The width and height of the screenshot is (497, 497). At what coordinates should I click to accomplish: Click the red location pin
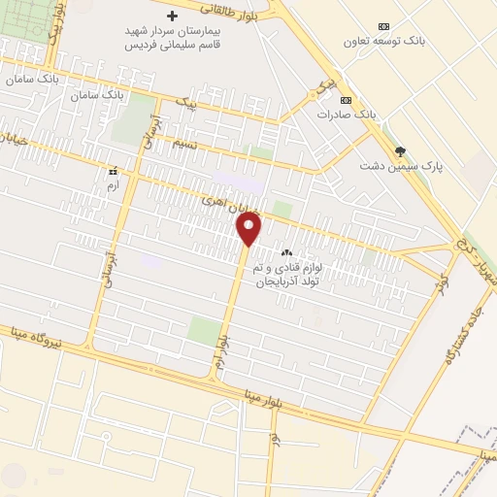click(249, 228)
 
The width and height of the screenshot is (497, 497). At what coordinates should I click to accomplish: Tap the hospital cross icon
click(174, 16)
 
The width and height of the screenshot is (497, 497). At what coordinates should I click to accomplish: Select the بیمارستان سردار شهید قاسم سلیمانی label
click(174, 37)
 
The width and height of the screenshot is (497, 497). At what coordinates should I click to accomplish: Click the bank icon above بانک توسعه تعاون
click(385, 26)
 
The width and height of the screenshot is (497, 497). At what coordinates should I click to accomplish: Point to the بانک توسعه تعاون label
click(385, 42)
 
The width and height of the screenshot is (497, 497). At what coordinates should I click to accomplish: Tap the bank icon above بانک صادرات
click(346, 100)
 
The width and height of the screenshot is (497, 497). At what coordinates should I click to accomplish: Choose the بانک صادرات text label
click(346, 115)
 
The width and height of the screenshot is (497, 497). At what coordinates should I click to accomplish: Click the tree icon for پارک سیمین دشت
click(401, 150)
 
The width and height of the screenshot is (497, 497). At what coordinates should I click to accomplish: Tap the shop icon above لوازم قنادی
click(285, 251)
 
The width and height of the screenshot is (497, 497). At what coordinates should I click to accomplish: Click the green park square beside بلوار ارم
click(203, 330)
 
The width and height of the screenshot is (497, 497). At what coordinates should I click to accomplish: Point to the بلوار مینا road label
click(237, 392)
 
